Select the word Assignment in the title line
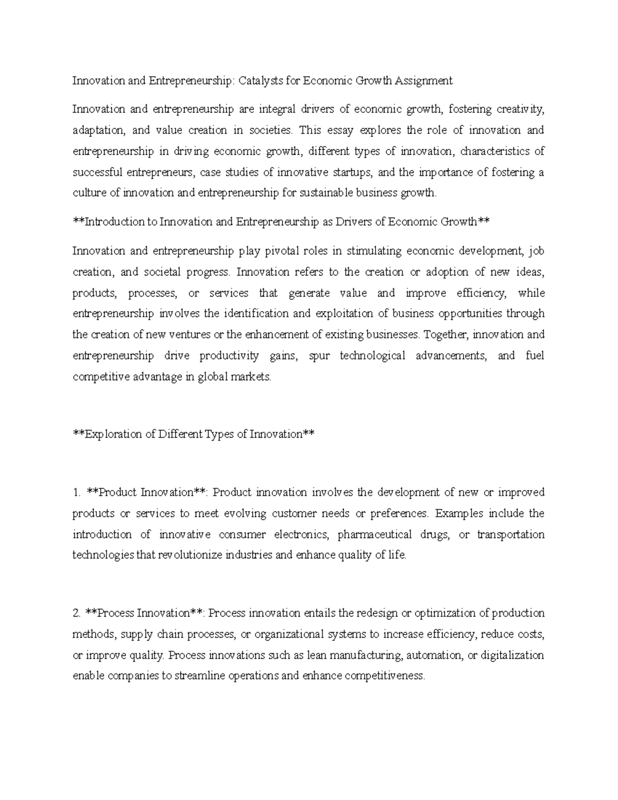click(423, 80)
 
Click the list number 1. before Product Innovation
click(76, 492)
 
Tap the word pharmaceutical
click(375, 534)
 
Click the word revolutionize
click(186, 555)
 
